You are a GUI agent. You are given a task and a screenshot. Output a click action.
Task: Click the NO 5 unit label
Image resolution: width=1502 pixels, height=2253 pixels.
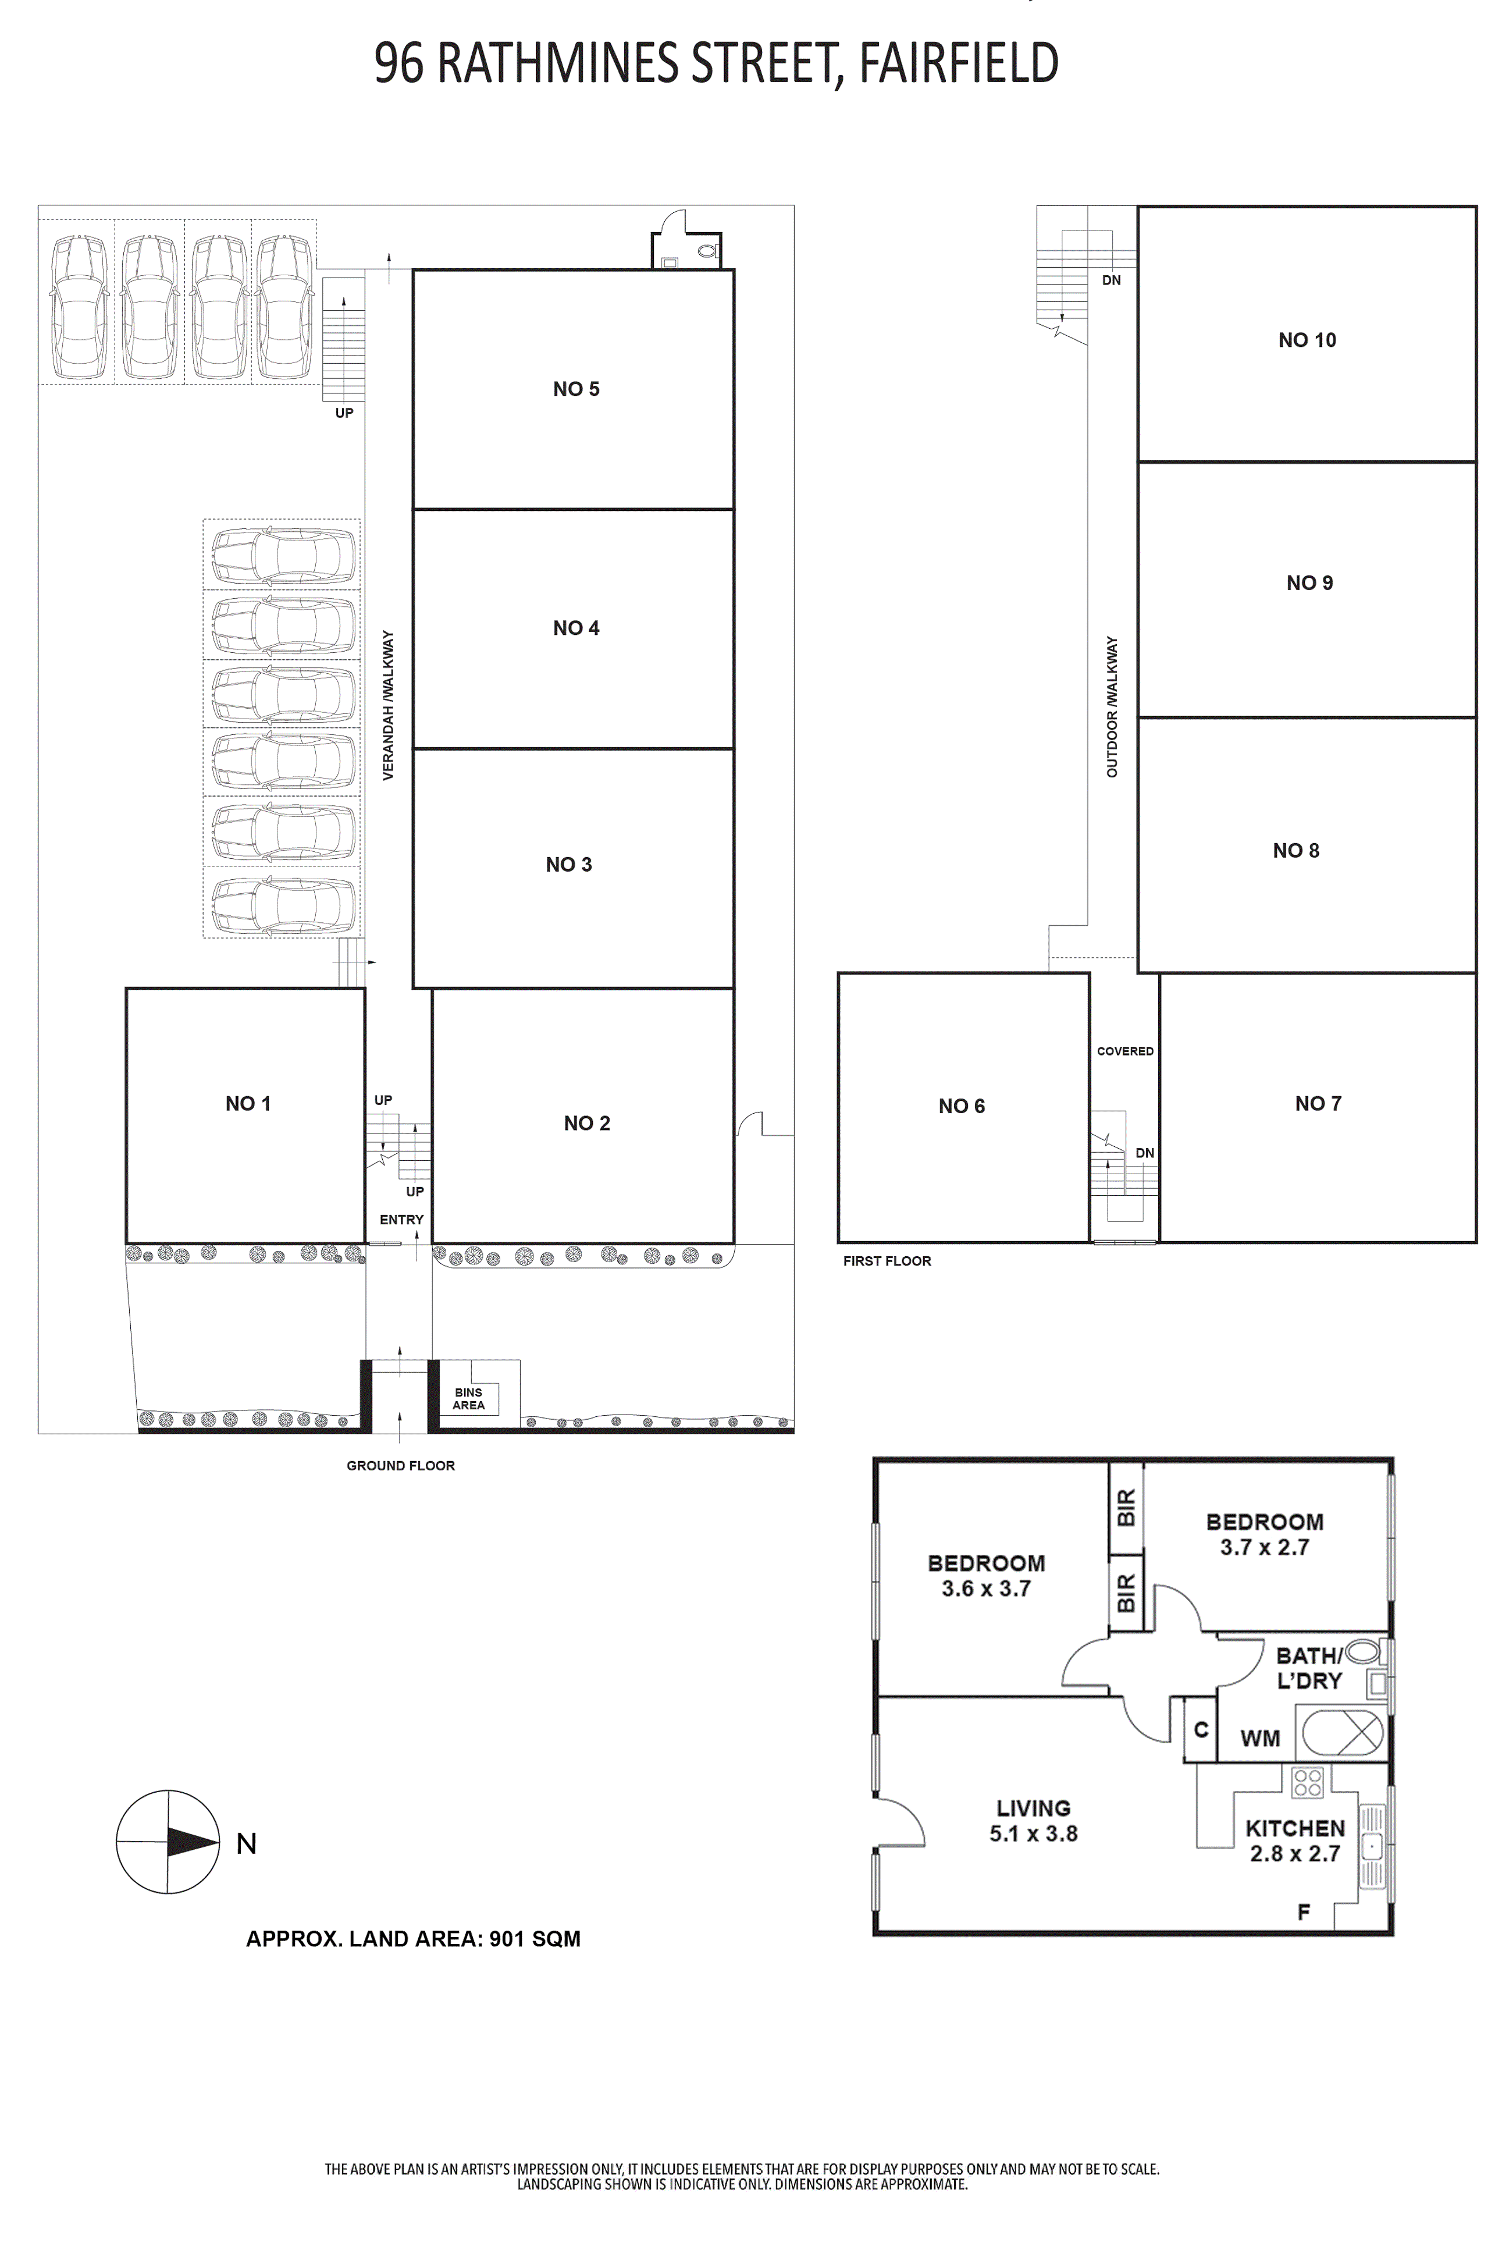576,389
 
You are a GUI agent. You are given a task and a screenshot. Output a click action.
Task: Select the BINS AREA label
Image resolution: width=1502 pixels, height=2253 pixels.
468,1399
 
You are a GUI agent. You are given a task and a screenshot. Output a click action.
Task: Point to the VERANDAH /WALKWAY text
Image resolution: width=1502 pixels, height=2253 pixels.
388,705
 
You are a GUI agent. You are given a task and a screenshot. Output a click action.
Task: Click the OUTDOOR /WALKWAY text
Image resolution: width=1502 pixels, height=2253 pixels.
1112,707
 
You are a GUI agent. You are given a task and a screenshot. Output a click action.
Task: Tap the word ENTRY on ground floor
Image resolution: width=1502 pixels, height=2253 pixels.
401,1220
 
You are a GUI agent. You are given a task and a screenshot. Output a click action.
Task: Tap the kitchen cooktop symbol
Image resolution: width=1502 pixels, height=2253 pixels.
1308,1782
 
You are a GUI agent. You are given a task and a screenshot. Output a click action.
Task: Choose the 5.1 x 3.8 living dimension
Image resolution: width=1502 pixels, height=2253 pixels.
1034,1833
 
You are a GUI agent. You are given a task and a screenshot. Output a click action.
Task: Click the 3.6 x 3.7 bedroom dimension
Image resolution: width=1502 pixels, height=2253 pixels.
985,1588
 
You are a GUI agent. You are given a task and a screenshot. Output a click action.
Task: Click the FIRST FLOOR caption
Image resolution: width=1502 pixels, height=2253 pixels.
887,1260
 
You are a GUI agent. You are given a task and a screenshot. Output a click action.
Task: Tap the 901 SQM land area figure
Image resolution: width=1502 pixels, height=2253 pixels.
535,1939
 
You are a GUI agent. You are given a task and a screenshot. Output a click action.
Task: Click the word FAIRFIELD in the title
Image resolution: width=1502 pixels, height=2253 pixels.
959,63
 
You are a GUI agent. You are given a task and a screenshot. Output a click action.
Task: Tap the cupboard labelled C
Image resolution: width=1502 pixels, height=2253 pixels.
1200,1730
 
